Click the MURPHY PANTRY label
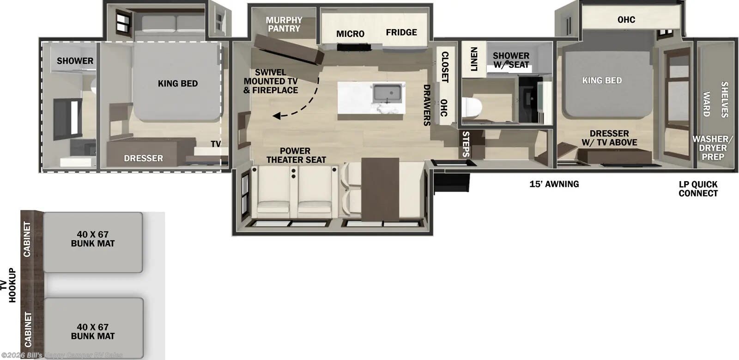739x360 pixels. (284, 24)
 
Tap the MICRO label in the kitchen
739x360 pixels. (350, 34)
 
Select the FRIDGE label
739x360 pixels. (401, 32)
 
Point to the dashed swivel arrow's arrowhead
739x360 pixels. (276, 116)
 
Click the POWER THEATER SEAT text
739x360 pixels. (296, 155)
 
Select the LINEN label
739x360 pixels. (473, 59)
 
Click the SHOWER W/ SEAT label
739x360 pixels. (511, 60)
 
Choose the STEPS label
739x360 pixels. (466, 144)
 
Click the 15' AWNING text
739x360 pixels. (554, 184)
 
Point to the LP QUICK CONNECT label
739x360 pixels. (698, 189)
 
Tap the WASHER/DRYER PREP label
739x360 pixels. (712, 148)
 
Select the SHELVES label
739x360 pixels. (724, 99)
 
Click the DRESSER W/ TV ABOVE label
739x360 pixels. (609, 138)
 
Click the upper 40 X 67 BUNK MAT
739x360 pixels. (93, 239)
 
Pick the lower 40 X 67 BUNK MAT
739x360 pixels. (93, 331)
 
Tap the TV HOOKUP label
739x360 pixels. (8, 286)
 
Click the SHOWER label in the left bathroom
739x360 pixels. (75, 61)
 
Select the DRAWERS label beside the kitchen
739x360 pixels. (426, 105)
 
